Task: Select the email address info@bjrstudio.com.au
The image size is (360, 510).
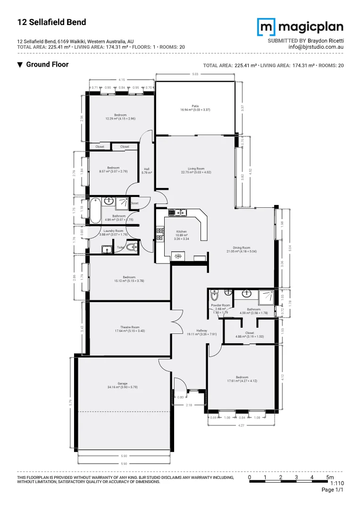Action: click(x=316, y=47)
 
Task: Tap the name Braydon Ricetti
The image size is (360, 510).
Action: click(x=326, y=41)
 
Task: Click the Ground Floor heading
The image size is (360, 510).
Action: click(x=47, y=65)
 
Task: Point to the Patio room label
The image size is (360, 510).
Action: click(x=195, y=108)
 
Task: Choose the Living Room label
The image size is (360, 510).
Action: click(x=196, y=170)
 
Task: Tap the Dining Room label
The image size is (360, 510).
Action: click(x=241, y=249)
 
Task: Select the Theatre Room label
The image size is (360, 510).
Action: click(x=130, y=329)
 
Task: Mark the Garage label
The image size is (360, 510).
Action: click(x=123, y=385)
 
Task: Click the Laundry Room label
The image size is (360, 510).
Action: click(x=113, y=232)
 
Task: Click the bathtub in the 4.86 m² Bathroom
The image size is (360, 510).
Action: click(x=95, y=210)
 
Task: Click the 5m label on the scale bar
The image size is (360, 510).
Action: click(x=330, y=477)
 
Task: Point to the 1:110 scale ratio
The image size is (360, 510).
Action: click(x=336, y=484)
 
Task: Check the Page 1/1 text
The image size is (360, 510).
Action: click(x=332, y=491)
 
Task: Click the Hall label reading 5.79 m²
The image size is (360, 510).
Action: click(x=147, y=171)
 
